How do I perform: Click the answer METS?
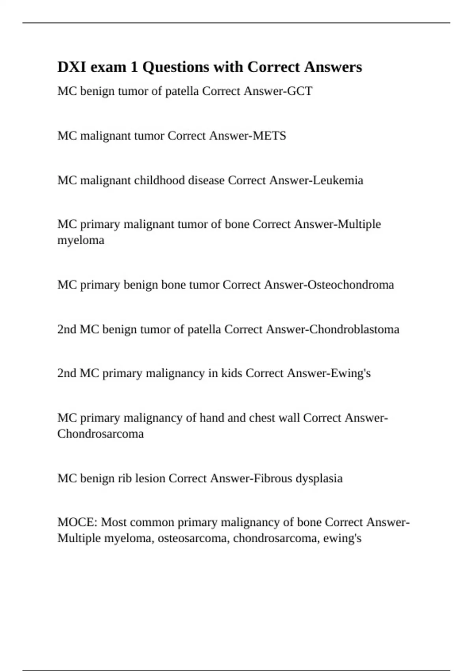[x=269, y=136]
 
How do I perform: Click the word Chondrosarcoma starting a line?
[x=101, y=434]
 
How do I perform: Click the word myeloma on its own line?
[x=81, y=240]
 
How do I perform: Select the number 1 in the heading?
[x=134, y=67]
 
